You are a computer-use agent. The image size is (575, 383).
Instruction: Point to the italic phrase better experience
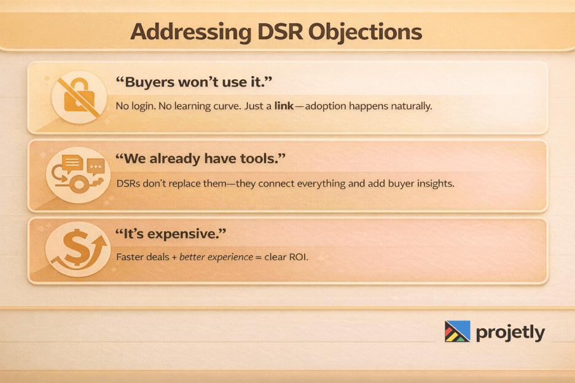(216, 257)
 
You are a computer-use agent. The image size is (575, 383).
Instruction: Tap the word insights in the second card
(436, 183)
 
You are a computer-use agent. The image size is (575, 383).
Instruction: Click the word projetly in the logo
(510, 333)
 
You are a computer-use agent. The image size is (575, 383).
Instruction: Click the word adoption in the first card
(326, 106)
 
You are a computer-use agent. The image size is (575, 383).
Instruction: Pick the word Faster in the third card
(130, 257)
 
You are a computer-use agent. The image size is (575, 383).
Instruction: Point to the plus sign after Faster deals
(174, 257)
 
